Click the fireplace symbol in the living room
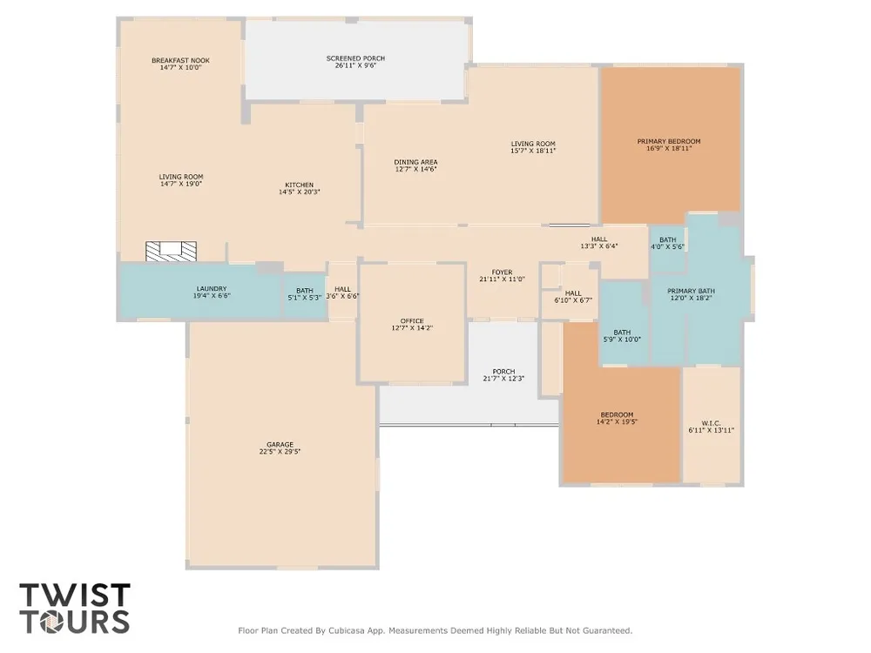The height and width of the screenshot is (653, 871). (x=171, y=251)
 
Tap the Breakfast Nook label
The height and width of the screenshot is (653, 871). (x=180, y=61)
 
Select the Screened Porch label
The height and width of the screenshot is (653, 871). (x=355, y=58)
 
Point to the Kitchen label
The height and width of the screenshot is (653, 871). (x=300, y=185)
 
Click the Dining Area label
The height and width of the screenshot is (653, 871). (x=415, y=162)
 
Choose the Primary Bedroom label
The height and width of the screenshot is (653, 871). (x=669, y=142)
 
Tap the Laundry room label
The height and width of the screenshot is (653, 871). (x=212, y=289)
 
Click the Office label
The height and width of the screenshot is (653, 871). (x=412, y=321)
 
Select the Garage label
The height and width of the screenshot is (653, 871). (x=280, y=445)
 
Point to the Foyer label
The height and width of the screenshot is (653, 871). (x=503, y=273)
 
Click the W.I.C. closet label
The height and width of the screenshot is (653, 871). (x=712, y=423)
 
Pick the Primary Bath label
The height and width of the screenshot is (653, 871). (x=691, y=291)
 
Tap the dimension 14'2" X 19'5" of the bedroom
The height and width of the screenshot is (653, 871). (x=618, y=422)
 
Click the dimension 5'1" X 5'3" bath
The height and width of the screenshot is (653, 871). (x=304, y=298)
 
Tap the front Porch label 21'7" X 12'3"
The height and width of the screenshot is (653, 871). (x=503, y=375)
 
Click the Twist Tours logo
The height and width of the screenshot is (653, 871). (x=75, y=609)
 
